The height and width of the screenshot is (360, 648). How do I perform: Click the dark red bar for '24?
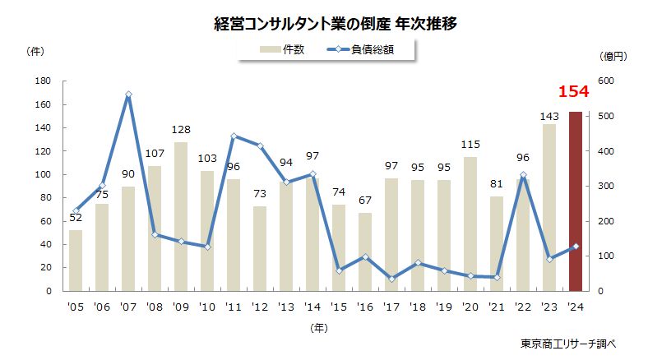576,201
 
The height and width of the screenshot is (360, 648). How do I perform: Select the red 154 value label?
574,90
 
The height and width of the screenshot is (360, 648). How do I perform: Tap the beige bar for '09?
181,216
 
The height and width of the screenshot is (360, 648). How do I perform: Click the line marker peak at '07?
128,95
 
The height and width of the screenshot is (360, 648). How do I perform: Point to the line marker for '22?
523,175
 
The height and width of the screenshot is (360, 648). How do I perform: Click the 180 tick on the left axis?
44,81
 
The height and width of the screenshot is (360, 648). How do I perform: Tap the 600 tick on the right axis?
605,81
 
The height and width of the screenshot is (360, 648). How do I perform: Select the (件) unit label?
36,51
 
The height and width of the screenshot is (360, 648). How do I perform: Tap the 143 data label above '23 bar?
549,116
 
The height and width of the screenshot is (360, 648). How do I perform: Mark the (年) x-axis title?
321,327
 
